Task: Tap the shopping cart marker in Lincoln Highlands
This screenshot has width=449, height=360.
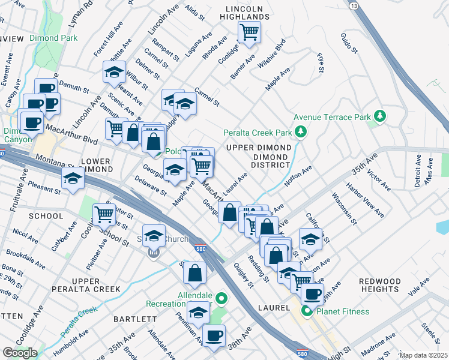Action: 249,32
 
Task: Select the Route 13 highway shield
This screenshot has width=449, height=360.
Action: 354,5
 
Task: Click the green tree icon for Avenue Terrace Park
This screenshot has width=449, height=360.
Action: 379,115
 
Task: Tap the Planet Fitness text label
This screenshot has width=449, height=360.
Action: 343,311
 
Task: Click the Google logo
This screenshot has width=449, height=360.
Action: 20,353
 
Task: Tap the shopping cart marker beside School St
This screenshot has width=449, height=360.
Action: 104,212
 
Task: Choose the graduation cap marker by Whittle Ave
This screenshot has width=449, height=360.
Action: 113,72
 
